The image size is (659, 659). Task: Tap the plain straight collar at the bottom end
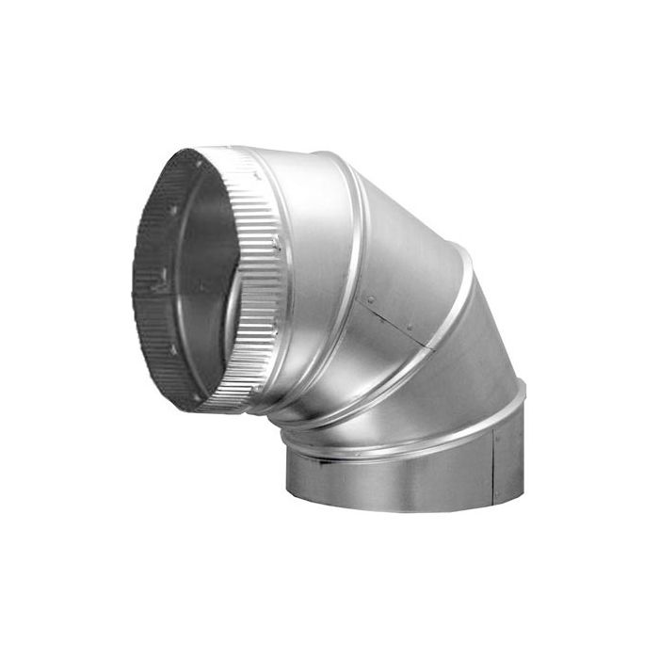tap(395, 480)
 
